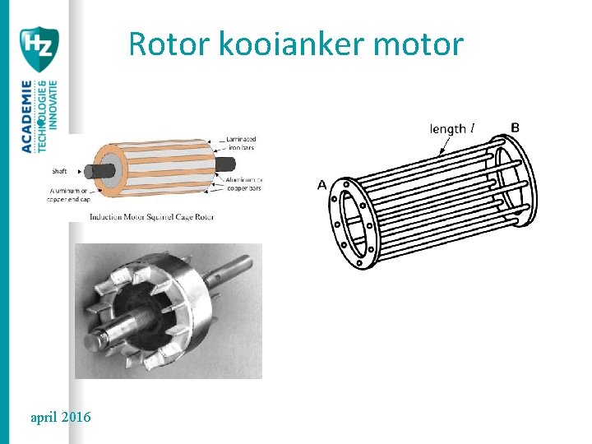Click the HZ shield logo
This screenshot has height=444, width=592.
[39, 49]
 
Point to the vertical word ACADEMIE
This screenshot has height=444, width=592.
[27, 116]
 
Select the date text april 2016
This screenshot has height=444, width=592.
[60, 418]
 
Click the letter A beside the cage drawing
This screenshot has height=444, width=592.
[322, 186]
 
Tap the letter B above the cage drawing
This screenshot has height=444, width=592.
[515, 127]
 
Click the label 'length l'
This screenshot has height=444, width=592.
[453, 129]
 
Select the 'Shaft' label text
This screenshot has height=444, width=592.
[60, 171]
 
